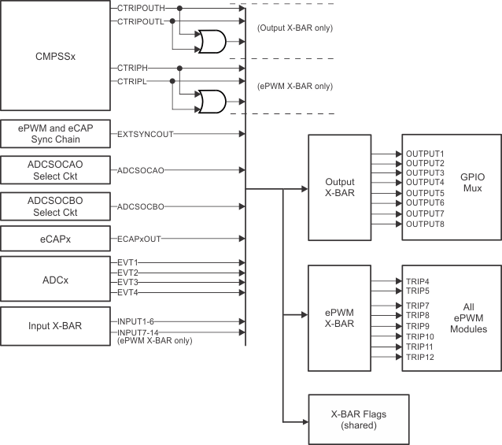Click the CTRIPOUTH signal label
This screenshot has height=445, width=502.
[x=141, y=7]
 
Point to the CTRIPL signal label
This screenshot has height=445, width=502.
[x=130, y=81]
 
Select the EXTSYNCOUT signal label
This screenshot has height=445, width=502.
[x=145, y=134]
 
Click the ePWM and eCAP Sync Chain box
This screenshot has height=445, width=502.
[x=55, y=134]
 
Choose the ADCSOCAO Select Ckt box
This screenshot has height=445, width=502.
[x=55, y=169]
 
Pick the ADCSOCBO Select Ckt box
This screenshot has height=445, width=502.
[x=55, y=206]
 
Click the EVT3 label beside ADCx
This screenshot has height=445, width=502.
[x=128, y=282]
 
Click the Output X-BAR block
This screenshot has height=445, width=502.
[x=339, y=187]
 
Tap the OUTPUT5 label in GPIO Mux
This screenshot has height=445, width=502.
[x=426, y=193]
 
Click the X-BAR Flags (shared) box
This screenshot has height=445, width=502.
[x=358, y=420]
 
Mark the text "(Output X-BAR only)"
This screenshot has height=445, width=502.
[x=295, y=28]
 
